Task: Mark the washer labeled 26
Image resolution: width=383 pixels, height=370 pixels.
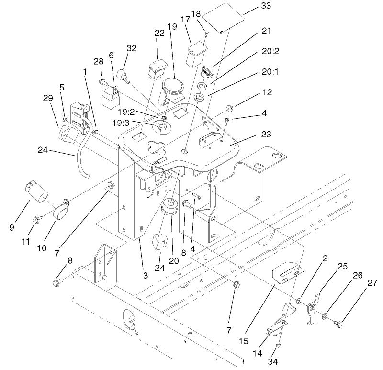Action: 326,315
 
